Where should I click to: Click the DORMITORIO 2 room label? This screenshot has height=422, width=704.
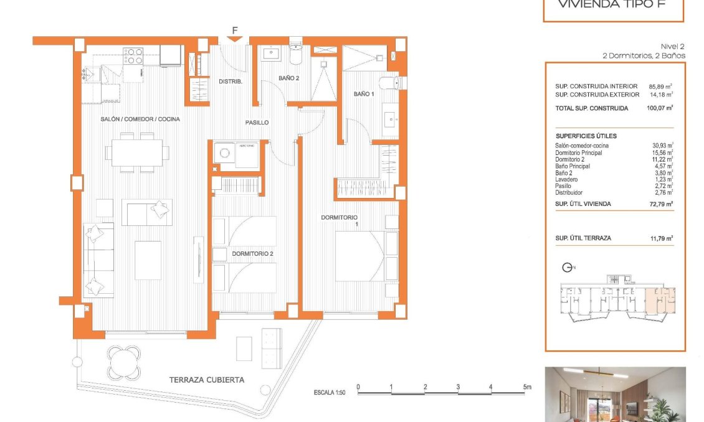(252, 254)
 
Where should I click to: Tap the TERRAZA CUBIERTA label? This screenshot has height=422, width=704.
(207, 379)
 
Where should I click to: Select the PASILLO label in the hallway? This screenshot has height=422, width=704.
(257, 123)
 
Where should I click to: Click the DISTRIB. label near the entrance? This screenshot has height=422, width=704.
(230, 82)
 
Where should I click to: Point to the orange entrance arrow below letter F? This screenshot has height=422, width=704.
(235, 39)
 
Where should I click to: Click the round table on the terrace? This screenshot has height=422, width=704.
(124, 360)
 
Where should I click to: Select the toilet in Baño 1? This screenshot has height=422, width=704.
(391, 82)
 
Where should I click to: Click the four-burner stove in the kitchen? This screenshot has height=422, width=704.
(133, 56)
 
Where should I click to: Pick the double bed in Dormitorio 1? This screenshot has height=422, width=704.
(361, 255)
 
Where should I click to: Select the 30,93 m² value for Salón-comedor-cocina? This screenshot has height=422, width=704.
(662, 146)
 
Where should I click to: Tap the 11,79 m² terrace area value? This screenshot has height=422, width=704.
(662, 238)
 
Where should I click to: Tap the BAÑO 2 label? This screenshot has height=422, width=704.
(290, 78)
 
